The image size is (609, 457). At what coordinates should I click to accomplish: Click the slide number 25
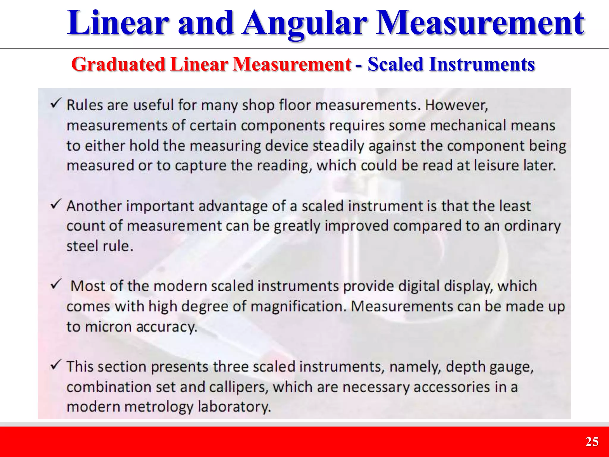click(592, 442)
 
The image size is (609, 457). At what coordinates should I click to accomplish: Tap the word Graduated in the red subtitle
click(118, 64)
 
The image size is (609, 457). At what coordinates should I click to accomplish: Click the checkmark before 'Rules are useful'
click(56, 103)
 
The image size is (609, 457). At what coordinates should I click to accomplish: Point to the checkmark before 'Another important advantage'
click(56, 204)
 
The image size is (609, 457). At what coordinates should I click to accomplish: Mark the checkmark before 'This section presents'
click(56, 365)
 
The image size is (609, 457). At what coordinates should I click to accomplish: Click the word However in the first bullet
click(456, 105)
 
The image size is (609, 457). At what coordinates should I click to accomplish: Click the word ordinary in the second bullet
click(532, 226)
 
